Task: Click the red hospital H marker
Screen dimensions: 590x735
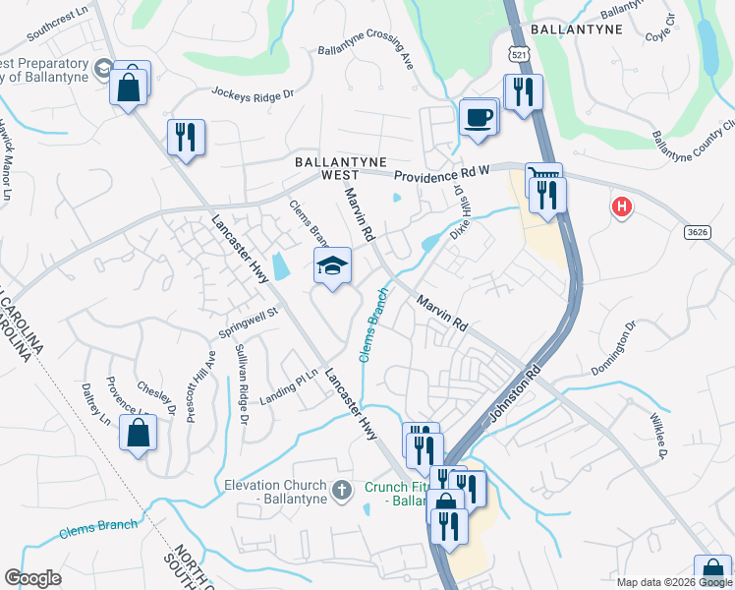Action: (621, 207)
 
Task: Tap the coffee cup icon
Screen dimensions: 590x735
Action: (479, 117)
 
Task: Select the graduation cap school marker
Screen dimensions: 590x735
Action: (332, 265)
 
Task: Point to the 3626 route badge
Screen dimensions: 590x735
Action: (698, 230)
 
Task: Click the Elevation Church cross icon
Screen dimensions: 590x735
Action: (341, 490)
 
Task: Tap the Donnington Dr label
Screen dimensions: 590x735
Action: (614, 347)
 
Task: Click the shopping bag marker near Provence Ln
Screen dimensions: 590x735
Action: (138, 433)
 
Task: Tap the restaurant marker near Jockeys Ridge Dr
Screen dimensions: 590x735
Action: (186, 137)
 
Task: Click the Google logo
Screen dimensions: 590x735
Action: (32, 577)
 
